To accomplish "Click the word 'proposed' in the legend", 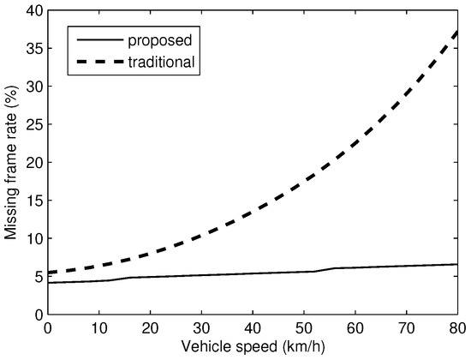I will pyautogui.click(x=165, y=40).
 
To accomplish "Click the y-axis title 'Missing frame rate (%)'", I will pyautogui.click(x=12, y=164).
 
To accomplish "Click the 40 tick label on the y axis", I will pyautogui.click(x=32, y=11).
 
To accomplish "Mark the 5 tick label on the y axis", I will pyautogui.click(x=35, y=275).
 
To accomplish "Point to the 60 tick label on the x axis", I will pyautogui.click(x=355, y=329).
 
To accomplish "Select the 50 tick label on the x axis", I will pyautogui.click(x=303, y=329).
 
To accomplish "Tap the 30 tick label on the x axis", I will pyautogui.click(x=201, y=329).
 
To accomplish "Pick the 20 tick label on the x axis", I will pyautogui.click(x=150, y=329).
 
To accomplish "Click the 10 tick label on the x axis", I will pyautogui.click(x=98, y=329).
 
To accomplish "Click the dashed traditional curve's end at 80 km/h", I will pyautogui.click(x=457, y=31).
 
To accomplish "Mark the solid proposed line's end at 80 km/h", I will pyautogui.click(x=457, y=264).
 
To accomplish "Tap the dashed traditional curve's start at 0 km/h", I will pyautogui.click(x=48, y=273).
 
